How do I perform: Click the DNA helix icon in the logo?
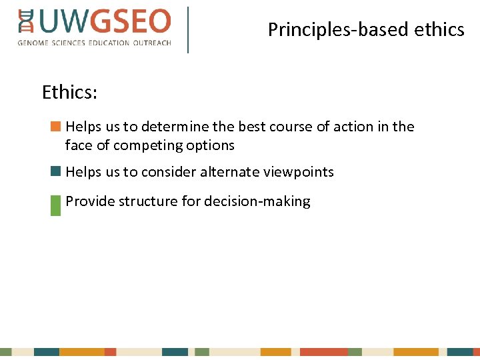click(x=26, y=22)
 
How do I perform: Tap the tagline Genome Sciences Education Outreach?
click(x=94, y=43)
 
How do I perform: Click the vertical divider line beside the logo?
click(x=188, y=30)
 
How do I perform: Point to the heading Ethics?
click(x=69, y=92)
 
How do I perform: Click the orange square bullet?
click(x=55, y=125)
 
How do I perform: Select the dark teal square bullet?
click(x=55, y=171)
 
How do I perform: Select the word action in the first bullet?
click(x=354, y=127)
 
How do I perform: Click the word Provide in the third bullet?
click(x=90, y=201)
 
